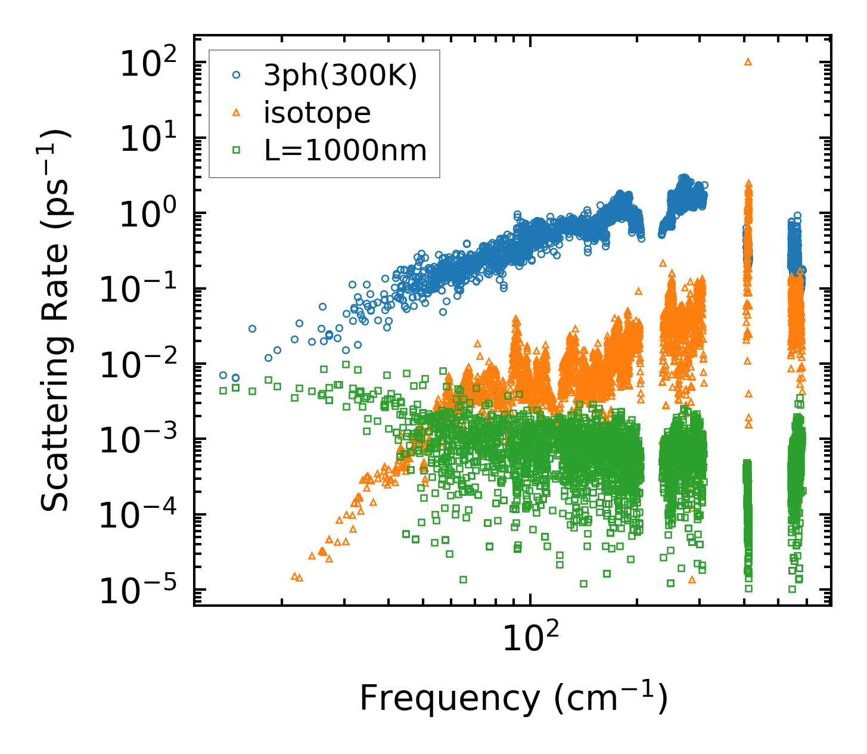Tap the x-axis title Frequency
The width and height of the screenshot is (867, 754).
(512, 699)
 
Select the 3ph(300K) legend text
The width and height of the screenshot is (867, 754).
(340, 76)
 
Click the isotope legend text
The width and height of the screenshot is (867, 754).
(317, 113)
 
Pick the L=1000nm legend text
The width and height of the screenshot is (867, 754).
(346, 150)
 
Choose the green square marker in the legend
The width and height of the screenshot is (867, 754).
(236, 150)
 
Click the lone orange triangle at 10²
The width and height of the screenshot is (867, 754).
(748, 61)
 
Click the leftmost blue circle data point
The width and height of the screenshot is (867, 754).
(223, 375)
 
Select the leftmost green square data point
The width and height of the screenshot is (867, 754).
(223, 390)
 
